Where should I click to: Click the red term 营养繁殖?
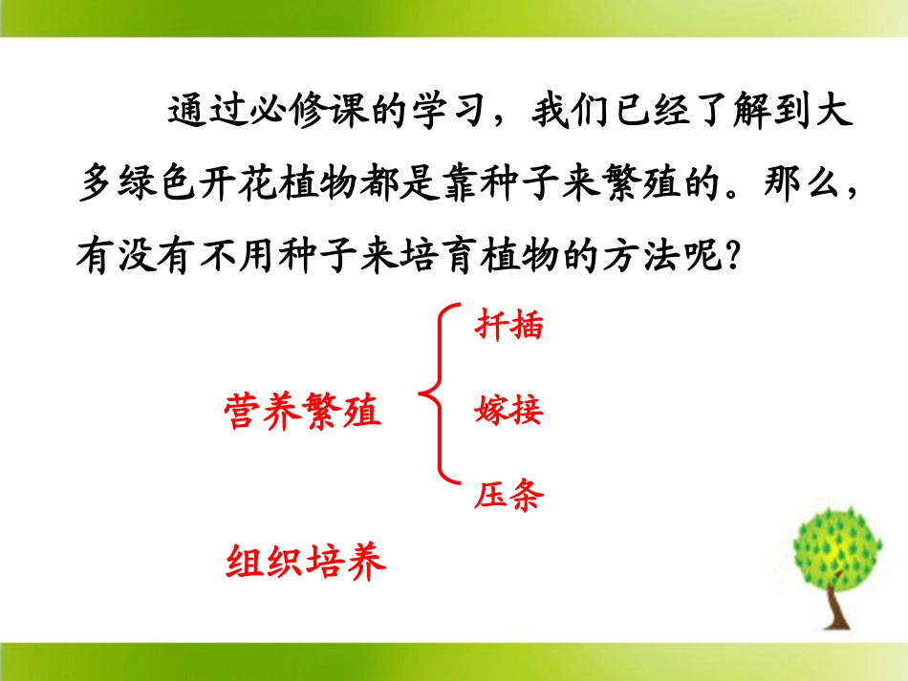(x=303, y=413)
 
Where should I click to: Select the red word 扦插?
(x=508, y=326)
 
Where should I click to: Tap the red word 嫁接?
(x=508, y=411)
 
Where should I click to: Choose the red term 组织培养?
(x=306, y=562)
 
